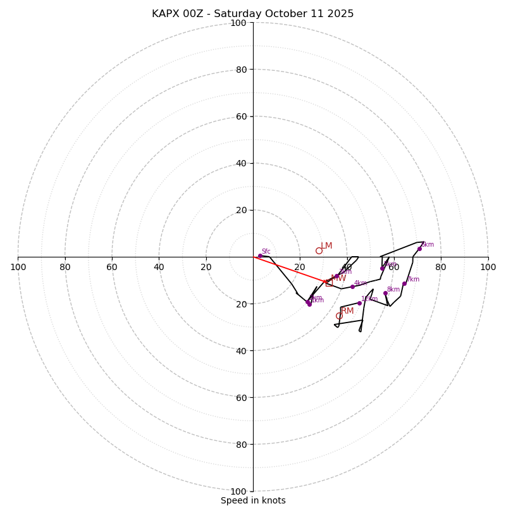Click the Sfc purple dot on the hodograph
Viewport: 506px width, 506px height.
point(260,256)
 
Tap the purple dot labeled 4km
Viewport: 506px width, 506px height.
point(352,287)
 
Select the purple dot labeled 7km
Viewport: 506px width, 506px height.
point(404,283)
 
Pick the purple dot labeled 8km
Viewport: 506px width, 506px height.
point(385,293)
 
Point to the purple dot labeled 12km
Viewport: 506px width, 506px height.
point(359,303)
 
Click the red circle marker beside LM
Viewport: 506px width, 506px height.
point(319,250)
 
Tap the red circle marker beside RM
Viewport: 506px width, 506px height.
point(339,316)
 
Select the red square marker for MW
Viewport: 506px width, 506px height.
point(329,282)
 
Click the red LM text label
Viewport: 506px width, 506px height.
point(326,246)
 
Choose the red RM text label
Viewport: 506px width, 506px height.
point(348,311)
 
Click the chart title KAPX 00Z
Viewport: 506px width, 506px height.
point(253,14)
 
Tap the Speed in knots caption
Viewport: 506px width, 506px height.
point(253,500)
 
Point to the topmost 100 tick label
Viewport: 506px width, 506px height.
point(238,23)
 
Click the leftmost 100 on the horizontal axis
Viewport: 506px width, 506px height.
point(18,267)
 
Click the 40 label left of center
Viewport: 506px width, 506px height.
point(159,267)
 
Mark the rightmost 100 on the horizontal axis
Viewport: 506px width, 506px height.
point(488,267)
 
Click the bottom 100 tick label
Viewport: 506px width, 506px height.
point(238,491)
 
